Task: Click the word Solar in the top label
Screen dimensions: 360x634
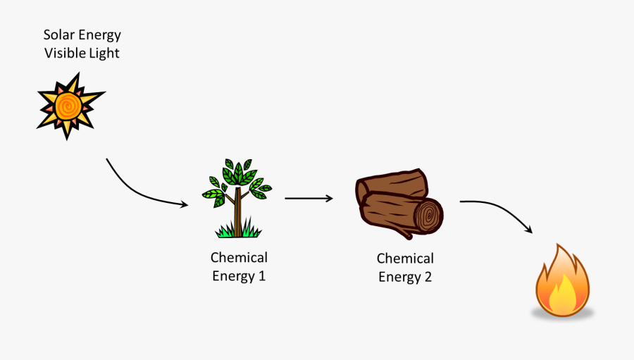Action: (58, 35)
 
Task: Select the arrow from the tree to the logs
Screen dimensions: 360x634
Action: (309, 199)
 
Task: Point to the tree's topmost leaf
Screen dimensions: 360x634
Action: (228, 163)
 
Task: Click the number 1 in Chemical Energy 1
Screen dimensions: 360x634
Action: (262, 276)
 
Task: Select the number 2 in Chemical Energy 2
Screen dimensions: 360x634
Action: (428, 277)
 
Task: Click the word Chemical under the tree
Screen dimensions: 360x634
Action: (239, 258)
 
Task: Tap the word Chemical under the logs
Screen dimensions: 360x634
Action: (405, 259)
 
